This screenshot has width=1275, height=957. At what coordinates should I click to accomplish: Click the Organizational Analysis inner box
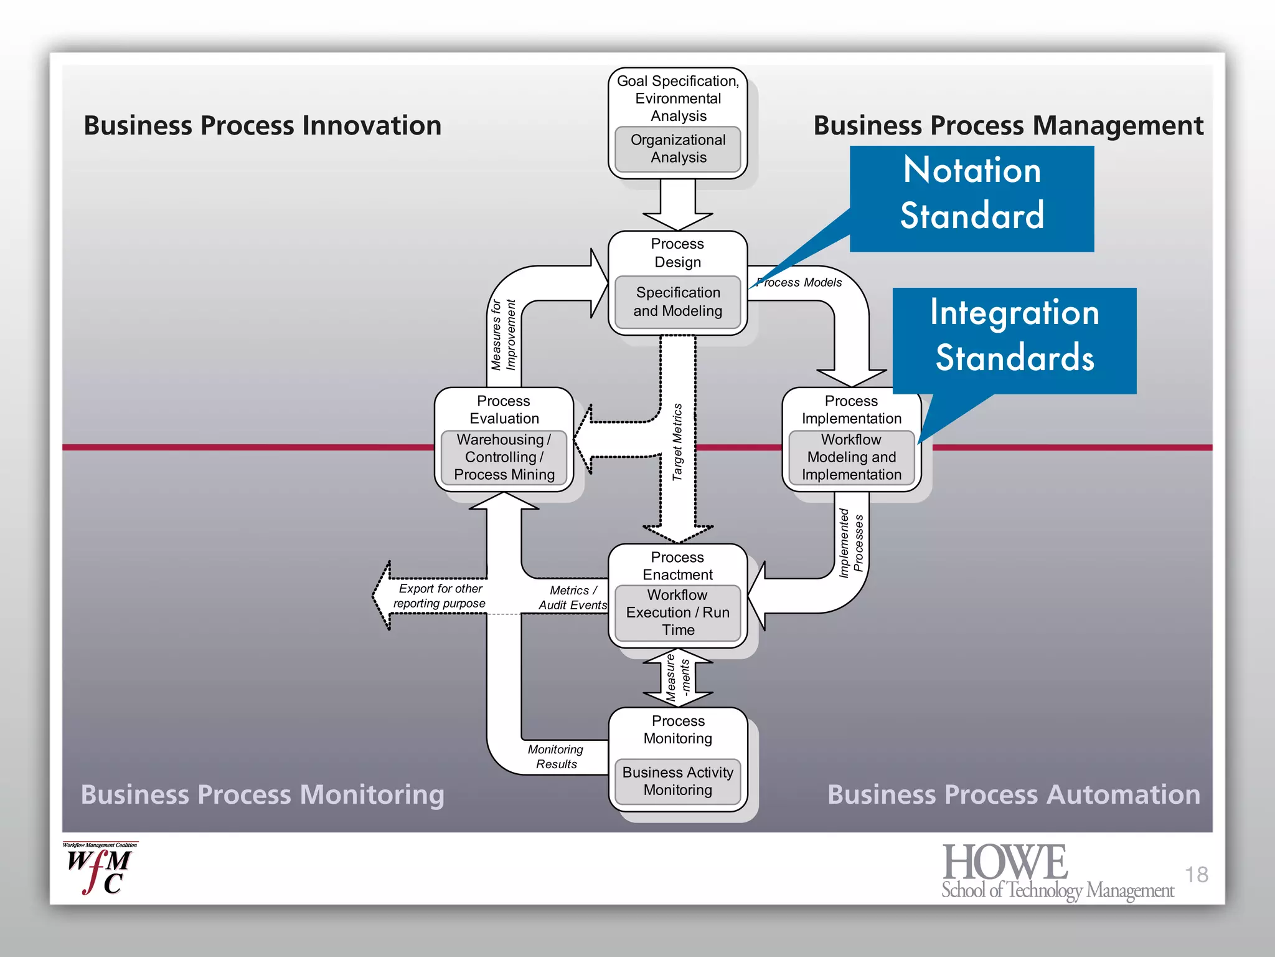[x=677, y=149]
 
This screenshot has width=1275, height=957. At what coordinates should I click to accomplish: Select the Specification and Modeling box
[x=677, y=302]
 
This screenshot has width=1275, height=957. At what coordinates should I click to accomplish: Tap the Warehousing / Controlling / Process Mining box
[x=504, y=457]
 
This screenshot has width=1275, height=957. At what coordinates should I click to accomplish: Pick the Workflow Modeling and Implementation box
[x=851, y=457]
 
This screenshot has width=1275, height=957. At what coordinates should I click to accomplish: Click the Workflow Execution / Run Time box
[x=677, y=612]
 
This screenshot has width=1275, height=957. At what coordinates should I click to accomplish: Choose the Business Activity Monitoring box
[x=677, y=781]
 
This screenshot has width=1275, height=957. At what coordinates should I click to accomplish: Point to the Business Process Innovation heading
[x=262, y=125]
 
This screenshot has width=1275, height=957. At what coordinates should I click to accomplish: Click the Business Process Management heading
[x=1008, y=125]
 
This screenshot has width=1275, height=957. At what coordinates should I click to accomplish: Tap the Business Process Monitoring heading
[x=262, y=794]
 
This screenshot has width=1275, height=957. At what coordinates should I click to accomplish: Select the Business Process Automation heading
[x=1014, y=794]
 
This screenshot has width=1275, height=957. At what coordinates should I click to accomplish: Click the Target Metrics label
[x=677, y=442]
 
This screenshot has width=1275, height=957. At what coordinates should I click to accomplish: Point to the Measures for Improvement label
[x=504, y=335]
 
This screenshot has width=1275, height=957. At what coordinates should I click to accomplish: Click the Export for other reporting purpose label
[x=440, y=596]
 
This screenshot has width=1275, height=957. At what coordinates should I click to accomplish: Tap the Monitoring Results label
[x=556, y=756]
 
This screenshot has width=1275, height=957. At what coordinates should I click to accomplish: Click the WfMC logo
[x=100, y=869]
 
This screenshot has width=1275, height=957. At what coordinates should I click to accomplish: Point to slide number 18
[x=1196, y=875]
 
